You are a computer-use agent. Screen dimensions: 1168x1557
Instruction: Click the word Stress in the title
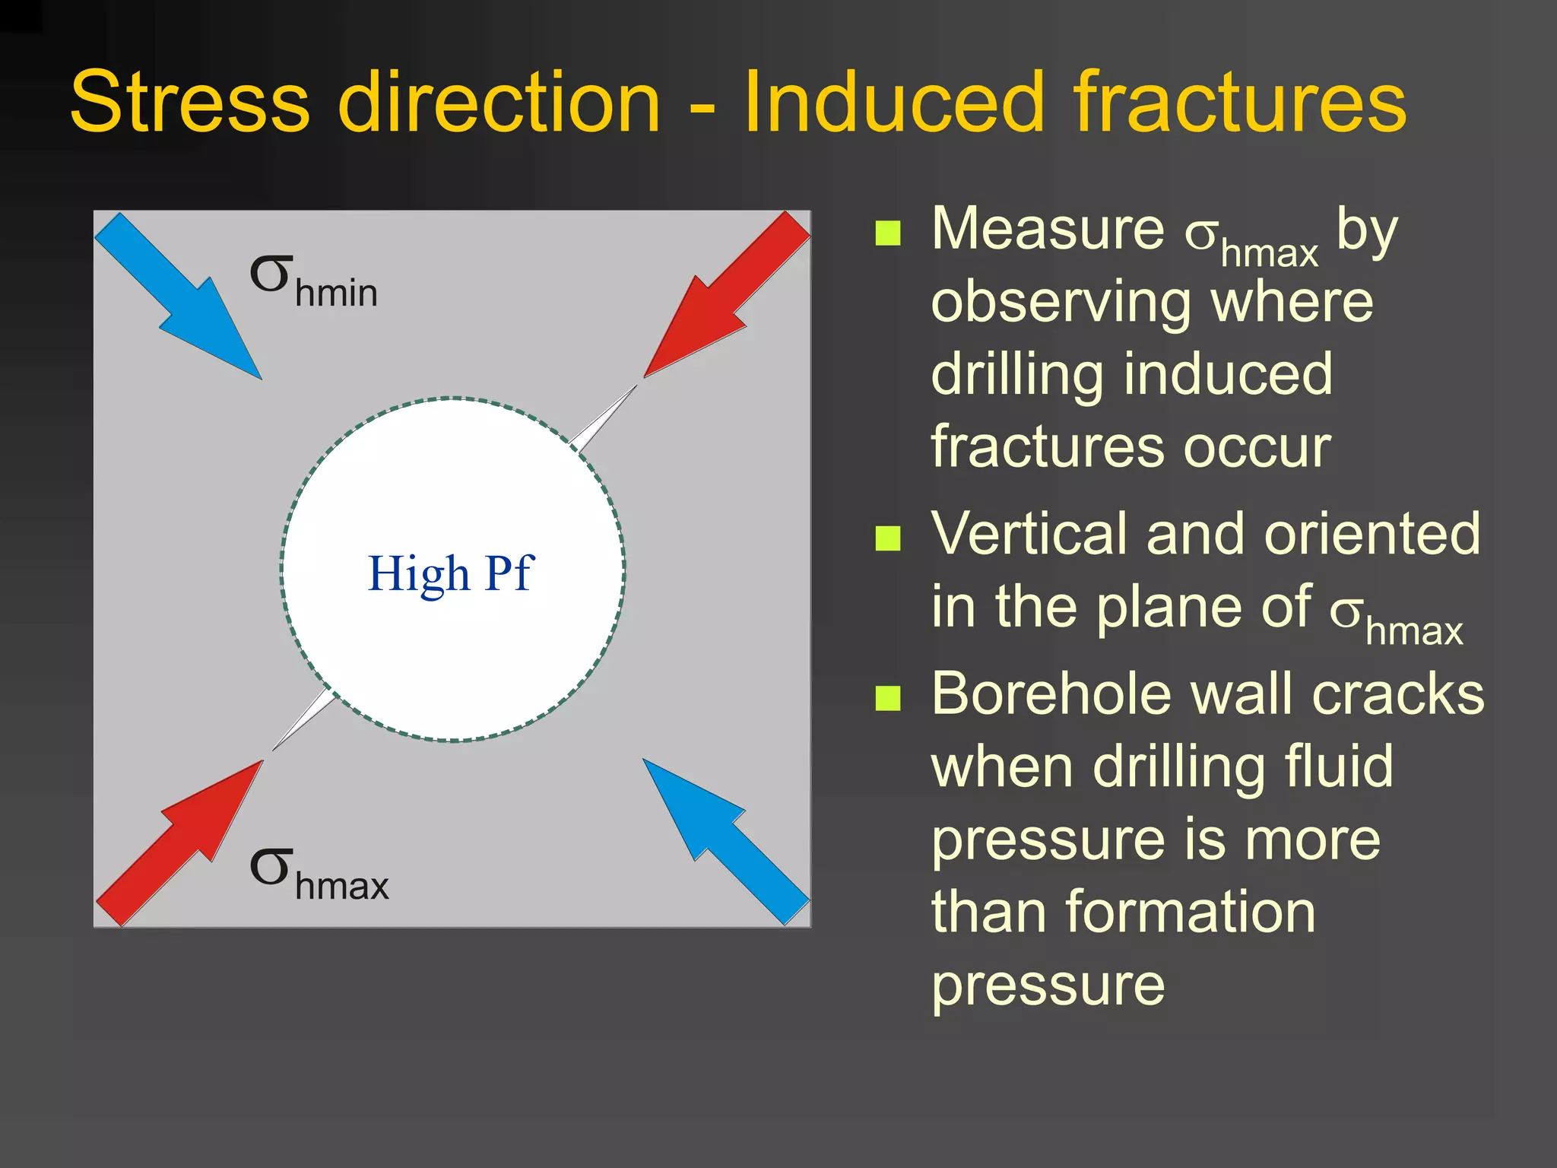coord(190,102)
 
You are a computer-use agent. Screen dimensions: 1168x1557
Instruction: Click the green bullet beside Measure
coord(887,233)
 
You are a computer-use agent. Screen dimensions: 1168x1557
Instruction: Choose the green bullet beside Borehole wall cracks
coord(887,697)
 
